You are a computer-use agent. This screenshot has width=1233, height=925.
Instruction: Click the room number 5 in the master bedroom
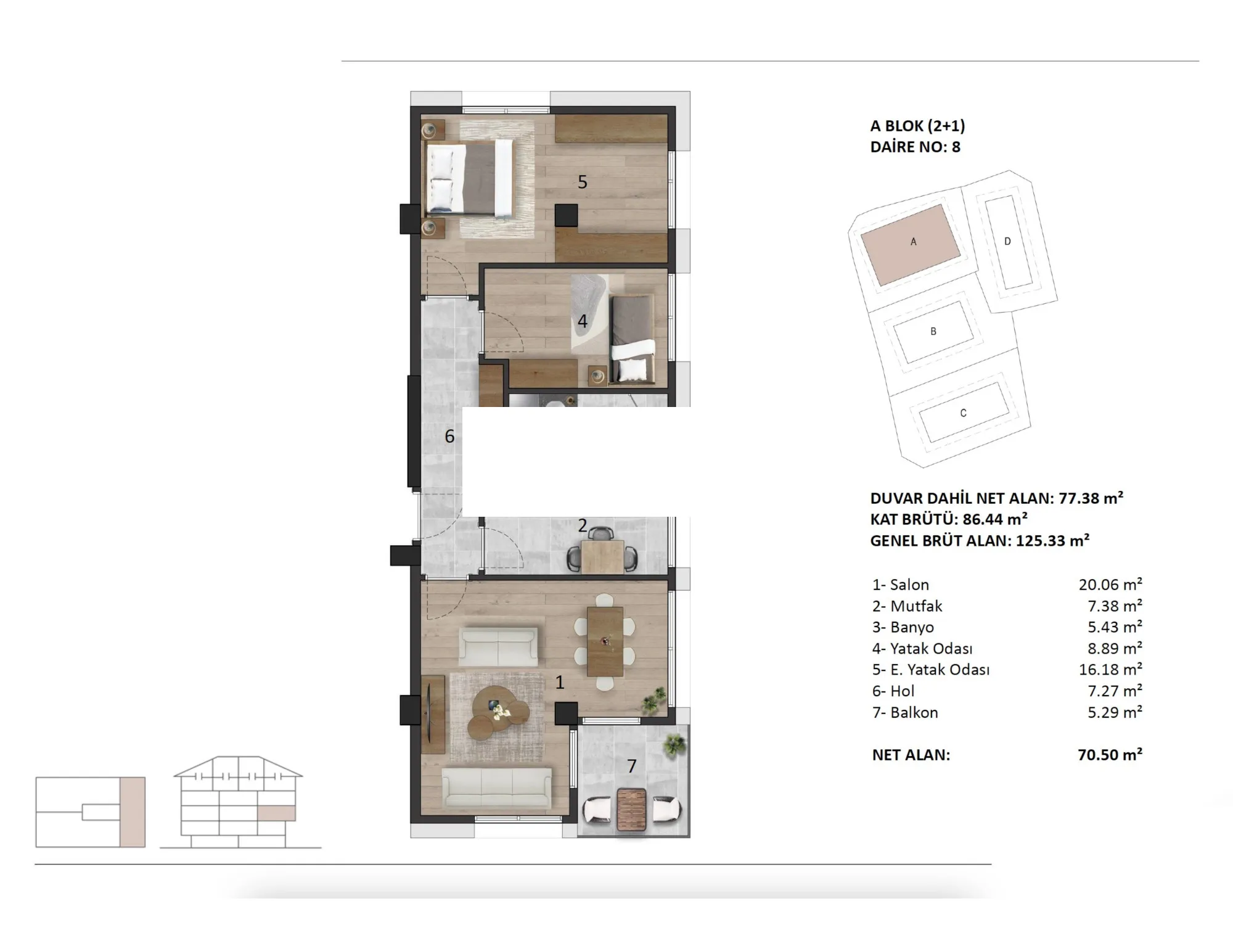point(583,182)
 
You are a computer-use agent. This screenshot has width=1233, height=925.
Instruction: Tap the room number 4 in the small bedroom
point(582,321)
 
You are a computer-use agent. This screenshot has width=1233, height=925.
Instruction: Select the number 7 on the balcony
point(631,766)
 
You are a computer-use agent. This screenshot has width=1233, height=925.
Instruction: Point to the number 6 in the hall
point(449,437)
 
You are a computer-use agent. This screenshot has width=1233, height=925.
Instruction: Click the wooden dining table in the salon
point(605,641)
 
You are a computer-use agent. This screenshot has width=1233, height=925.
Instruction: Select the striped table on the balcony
point(632,809)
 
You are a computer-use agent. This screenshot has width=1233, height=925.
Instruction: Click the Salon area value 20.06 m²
point(1110,585)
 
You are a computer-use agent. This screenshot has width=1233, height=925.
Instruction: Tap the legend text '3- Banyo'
point(903,627)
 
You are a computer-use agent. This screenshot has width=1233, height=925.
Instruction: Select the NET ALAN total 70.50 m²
point(1110,754)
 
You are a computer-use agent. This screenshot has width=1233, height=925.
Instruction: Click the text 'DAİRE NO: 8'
point(916,147)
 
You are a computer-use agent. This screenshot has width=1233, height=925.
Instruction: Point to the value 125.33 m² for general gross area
point(1053,541)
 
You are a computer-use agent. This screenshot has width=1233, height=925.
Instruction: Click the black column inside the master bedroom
point(566,215)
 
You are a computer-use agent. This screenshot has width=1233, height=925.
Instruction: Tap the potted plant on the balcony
point(674,744)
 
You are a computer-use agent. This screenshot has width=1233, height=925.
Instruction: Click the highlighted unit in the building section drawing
point(276,813)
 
